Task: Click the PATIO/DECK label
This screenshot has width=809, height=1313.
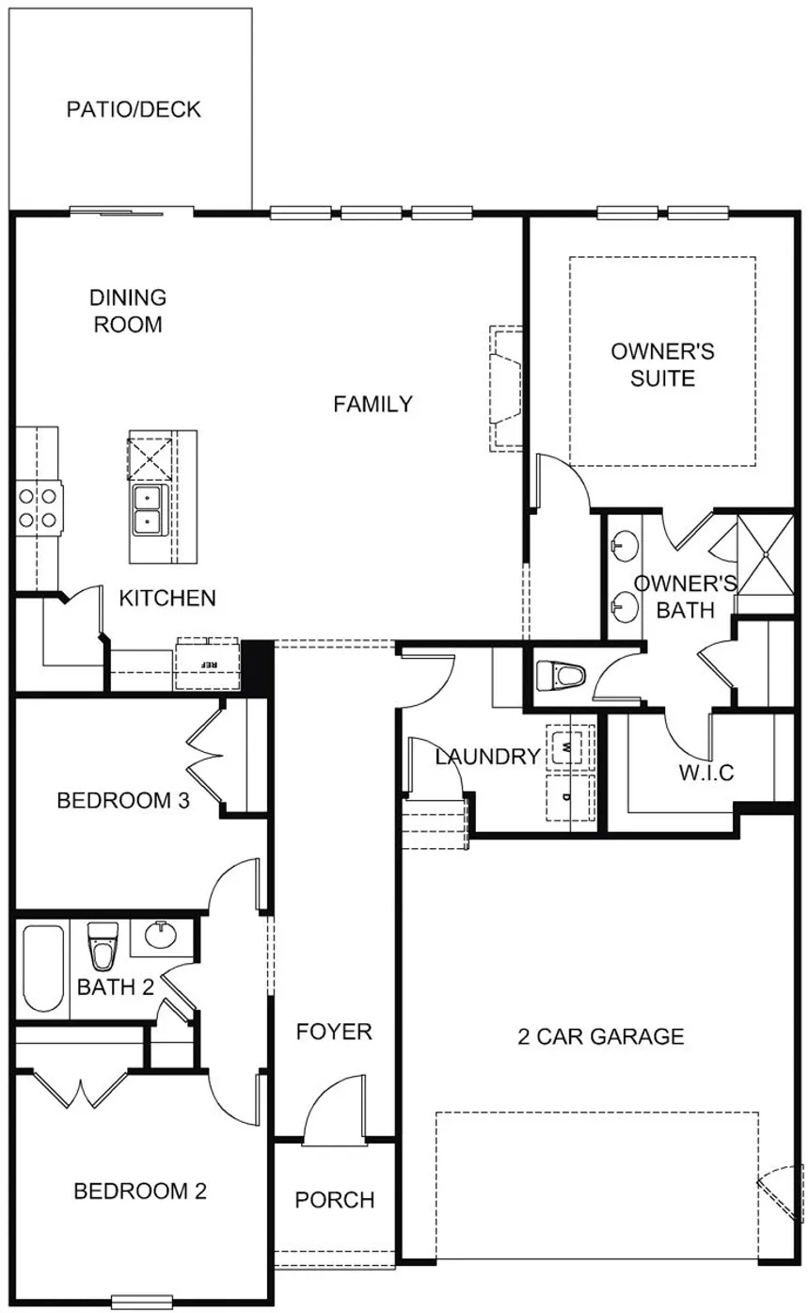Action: (x=134, y=109)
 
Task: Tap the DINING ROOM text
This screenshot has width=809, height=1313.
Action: (x=128, y=311)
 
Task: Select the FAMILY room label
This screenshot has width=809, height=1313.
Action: (x=373, y=404)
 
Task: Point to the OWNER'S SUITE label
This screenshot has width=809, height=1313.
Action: (x=662, y=365)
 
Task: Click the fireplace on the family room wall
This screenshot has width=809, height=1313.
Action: (x=504, y=387)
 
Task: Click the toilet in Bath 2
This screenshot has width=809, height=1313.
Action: (x=102, y=946)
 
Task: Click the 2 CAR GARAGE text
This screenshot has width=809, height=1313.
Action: (x=600, y=1036)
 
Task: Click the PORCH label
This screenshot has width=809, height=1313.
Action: (x=334, y=1200)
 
